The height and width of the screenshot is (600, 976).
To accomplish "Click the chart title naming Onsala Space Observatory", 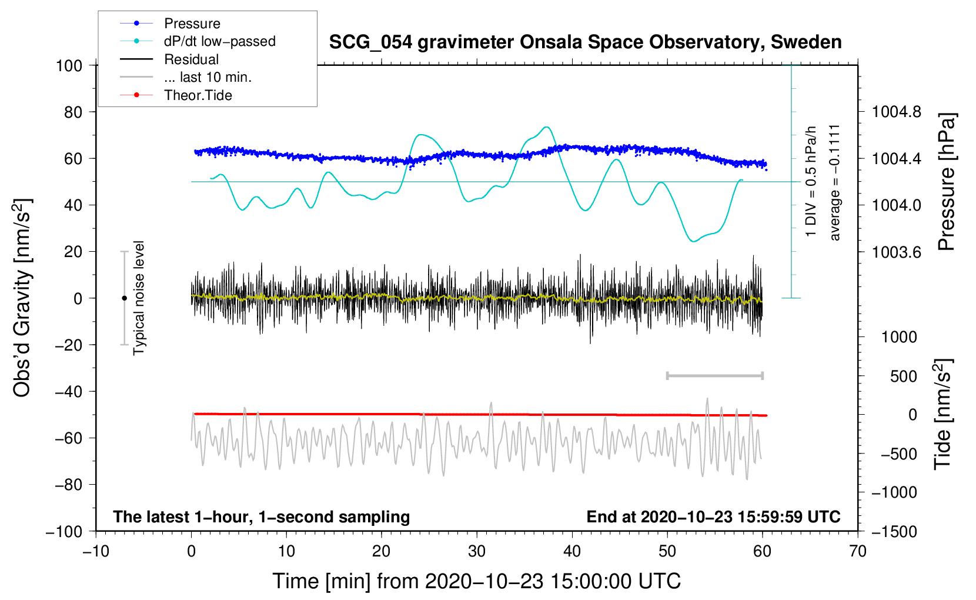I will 585,42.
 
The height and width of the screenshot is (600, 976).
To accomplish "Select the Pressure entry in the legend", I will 192,24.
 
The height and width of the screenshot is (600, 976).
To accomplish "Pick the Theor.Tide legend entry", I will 198,95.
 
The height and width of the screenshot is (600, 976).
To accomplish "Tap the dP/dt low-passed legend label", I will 219,41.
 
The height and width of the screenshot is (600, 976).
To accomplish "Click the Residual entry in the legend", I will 191,59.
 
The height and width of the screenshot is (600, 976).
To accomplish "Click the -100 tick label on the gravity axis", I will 64,531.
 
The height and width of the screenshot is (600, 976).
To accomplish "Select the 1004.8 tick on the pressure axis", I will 896,112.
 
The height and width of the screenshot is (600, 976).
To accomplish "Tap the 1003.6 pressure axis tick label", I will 896,252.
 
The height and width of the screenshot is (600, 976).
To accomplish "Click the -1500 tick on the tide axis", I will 894,531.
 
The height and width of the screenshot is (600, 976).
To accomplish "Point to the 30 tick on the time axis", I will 477,551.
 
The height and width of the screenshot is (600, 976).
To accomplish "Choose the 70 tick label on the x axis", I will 858,551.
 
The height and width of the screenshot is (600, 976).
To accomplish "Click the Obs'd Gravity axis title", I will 22,298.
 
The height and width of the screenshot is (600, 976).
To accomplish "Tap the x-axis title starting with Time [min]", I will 476,581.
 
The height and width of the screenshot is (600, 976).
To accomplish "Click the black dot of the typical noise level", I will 124,298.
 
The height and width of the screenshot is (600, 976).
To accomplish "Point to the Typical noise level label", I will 139,298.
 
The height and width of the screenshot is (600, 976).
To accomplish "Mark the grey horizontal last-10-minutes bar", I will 714,375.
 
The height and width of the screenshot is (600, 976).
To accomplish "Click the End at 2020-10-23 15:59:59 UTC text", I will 713,516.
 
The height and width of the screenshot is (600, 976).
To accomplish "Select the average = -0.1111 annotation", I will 835,182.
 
